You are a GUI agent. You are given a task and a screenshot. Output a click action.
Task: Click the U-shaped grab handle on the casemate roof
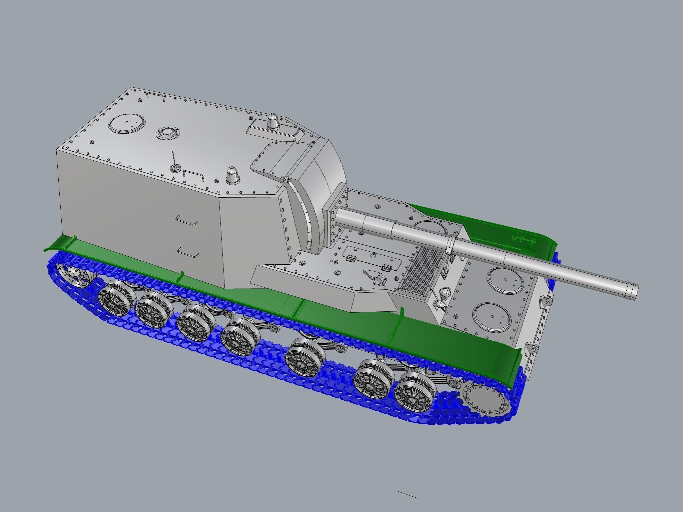tap(193, 175)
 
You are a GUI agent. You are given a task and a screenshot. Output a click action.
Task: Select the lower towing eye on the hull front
tap(532, 349)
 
